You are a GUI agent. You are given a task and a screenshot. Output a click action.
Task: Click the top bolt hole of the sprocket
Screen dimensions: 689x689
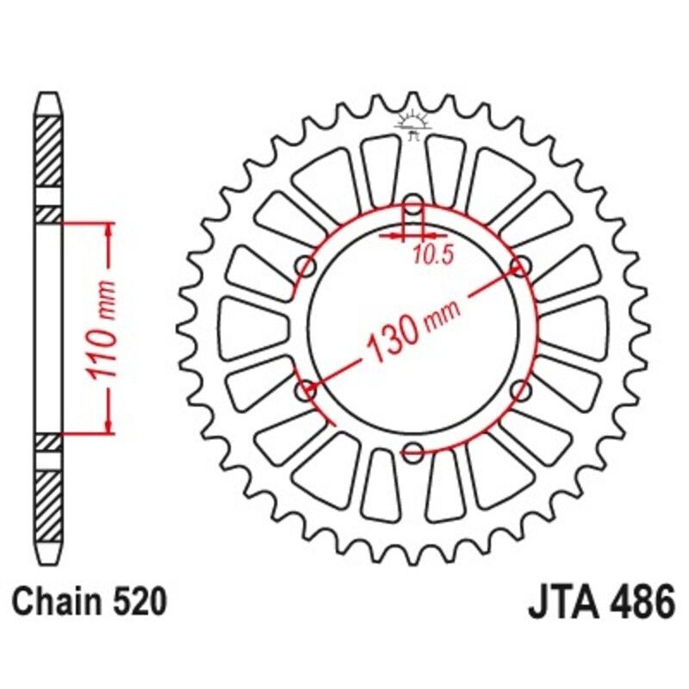click(x=413, y=207)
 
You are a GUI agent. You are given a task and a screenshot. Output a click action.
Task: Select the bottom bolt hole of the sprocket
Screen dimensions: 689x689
click(x=413, y=450)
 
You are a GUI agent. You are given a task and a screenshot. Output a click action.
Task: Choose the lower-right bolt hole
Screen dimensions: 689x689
click(x=519, y=391)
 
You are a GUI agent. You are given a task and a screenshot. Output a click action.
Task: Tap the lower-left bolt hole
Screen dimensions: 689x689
click(x=306, y=391)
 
